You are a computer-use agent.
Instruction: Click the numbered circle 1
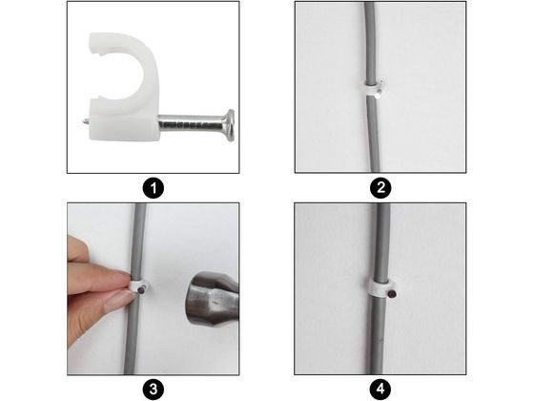pos(154,188)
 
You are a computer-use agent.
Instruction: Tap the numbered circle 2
pos(380,188)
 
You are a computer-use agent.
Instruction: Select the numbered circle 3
pos(154,390)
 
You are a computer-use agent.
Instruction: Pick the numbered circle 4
pos(380,390)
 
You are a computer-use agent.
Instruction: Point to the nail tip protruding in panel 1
pos(86,121)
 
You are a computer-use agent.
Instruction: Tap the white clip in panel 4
pos(380,287)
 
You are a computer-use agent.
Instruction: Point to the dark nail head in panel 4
pos(393,294)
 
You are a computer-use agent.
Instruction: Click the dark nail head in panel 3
pos(141,290)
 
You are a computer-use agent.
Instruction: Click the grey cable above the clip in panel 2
pos(370,42)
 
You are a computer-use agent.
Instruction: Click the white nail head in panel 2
pos(377,96)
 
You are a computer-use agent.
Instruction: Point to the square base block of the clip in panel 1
pos(124,122)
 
